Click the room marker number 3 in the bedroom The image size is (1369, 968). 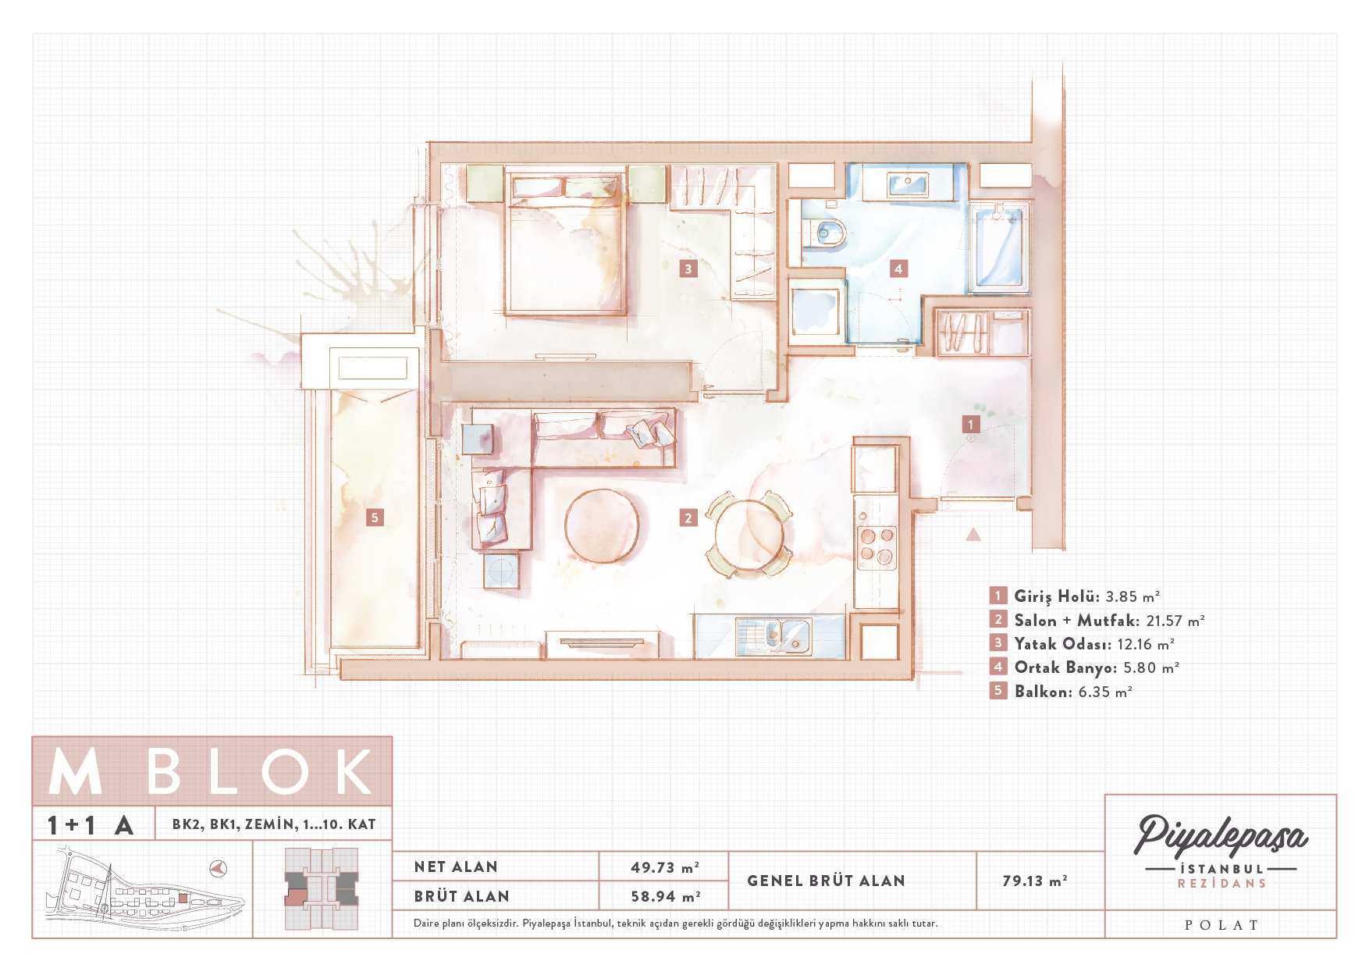688,269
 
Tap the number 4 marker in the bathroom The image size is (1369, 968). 898,269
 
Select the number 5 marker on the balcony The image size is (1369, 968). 375,518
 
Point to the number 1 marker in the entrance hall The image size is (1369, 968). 971,425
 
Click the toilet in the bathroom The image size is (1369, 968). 827,233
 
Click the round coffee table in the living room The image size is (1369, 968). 602,525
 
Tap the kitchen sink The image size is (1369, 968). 774,636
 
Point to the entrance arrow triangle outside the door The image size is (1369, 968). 973,535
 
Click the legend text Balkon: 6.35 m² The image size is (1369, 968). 1073,692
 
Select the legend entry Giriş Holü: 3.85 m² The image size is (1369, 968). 1087,596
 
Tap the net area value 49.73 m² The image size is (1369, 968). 665,867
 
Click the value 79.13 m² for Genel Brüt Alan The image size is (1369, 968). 1035,881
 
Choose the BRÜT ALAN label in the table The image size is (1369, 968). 462,897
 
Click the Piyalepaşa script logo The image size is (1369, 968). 1221,836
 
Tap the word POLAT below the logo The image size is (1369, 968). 1221,925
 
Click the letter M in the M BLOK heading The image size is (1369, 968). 76,772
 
